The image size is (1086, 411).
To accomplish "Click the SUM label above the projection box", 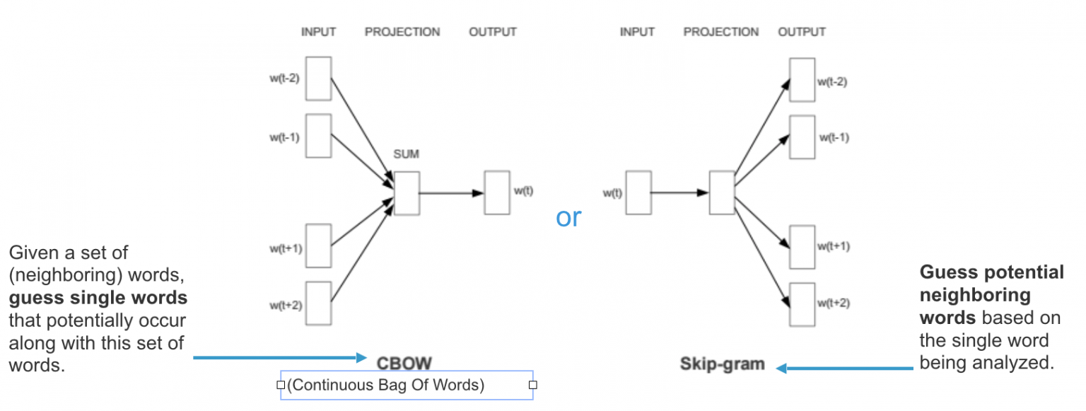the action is [406, 154].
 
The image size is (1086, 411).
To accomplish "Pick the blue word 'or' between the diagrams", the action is [568, 217].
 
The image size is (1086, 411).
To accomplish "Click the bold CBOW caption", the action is [404, 363].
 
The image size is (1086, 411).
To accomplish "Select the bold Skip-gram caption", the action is [722, 364].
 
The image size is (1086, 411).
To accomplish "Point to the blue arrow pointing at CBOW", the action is [280, 358].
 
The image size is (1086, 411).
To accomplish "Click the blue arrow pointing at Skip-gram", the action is [844, 369].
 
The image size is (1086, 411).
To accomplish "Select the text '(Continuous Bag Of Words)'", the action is [385, 385].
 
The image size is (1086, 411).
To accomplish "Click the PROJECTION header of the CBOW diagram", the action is [402, 32].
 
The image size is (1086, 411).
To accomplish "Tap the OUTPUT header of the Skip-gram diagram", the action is [801, 32].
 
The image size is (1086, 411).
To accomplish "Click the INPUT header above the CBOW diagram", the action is [318, 32].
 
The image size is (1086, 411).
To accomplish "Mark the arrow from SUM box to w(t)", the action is [451, 193].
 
